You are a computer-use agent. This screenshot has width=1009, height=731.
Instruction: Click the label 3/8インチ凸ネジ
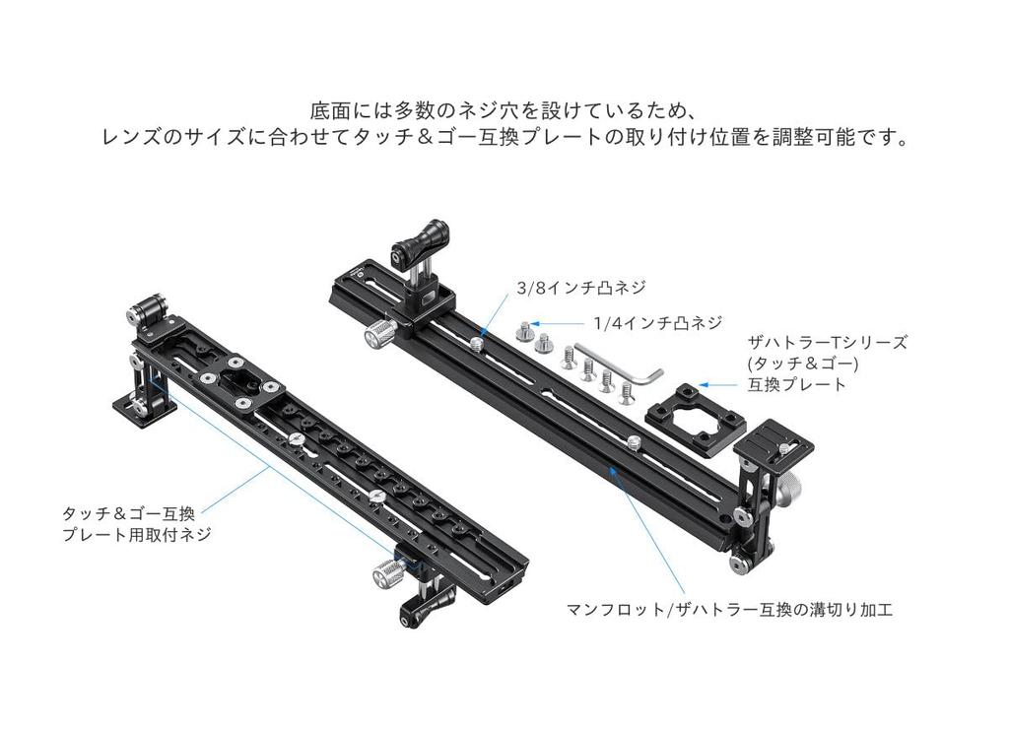(x=581, y=287)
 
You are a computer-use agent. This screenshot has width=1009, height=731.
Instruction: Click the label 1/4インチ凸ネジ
(x=658, y=322)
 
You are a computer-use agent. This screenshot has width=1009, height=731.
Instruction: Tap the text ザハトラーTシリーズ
(x=828, y=342)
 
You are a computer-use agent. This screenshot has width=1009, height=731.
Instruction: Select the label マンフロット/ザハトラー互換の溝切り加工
(x=730, y=609)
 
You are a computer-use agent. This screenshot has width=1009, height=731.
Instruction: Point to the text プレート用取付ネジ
(x=136, y=534)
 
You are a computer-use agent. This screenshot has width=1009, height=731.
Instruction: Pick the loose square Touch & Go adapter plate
(x=696, y=421)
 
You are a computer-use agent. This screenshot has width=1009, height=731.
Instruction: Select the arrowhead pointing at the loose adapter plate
(x=704, y=385)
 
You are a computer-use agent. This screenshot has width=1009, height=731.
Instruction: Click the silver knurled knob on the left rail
(x=389, y=572)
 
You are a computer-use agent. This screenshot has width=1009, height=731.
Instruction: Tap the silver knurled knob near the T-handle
(x=381, y=334)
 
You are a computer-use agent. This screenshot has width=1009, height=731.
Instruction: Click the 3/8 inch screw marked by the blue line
(x=477, y=344)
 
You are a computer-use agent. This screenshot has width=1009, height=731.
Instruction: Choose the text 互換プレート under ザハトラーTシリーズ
(x=796, y=385)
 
